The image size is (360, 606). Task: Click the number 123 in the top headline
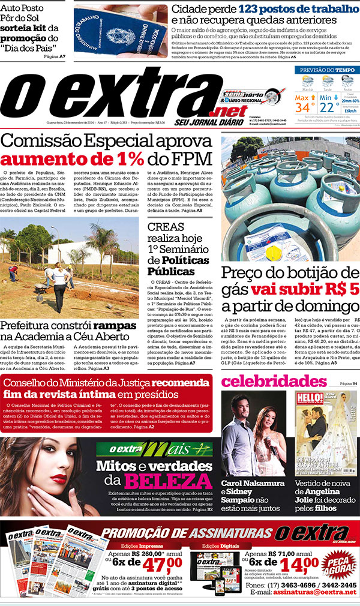254,10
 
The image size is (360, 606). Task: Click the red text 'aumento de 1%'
71,158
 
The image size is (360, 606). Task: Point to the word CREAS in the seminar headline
168,227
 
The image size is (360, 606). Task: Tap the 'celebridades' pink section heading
274,382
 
